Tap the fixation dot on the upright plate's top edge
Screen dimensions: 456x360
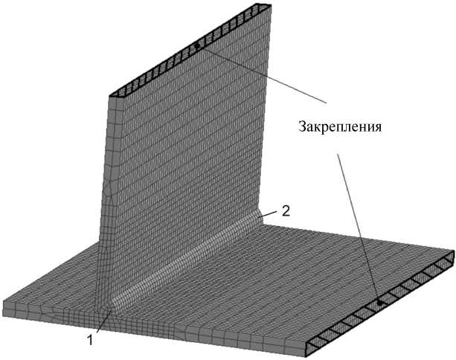(196, 47)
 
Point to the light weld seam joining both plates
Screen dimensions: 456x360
(186, 260)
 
